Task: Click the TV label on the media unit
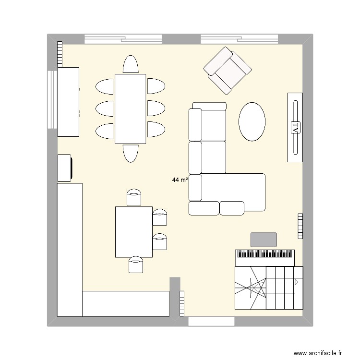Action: [x=295, y=128]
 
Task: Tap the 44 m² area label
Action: [x=180, y=180]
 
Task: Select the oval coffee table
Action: [x=252, y=121]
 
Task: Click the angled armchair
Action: [x=228, y=70]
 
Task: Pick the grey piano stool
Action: [x=264, y=240]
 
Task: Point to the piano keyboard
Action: [x=264, y=257]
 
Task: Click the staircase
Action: [x=269, y=288]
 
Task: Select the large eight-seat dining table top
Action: [x=130, y=108]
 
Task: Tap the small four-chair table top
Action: [x=133, y=231]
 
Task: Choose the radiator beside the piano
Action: [x=300, y=226]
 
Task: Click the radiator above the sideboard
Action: [x=60, y=54]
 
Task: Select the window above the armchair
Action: [x=239, y=38]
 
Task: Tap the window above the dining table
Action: [x=123, y=38]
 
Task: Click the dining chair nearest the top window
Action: [x=131, y=64]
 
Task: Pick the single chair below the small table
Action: [x=136, y=265]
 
